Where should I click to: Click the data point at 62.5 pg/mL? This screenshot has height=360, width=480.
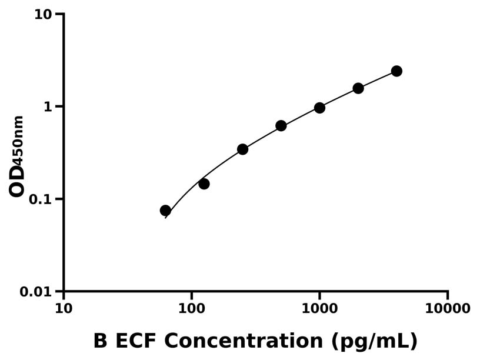pyautogui.click(x=165, y=211)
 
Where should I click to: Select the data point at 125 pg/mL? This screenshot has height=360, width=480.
pyautogui.click(x=204, y=184)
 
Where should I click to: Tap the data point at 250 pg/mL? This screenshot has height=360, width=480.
pyautogui.click(x=242, y=149)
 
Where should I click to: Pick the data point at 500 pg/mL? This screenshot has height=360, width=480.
pyautogui.click(x=281, y=126)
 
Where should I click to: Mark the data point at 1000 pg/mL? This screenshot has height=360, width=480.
pyautogui.click(x=319, y=108)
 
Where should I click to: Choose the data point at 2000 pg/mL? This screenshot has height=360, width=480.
pyautogui.click(x=358, y=88)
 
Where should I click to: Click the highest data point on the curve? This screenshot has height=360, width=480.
pyautogui.click(x=396, y=71)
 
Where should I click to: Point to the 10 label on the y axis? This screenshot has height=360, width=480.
pyautogui.click(x=43, y=14)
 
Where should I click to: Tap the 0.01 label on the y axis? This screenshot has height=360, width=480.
pyautogui.click(x=36, y=291)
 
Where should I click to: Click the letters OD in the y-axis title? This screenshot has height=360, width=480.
pyautogui.click(x=17, y=181)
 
